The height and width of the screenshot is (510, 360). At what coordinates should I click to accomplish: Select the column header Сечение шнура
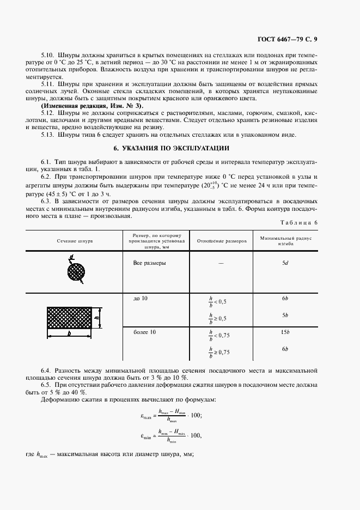tap(74, 240)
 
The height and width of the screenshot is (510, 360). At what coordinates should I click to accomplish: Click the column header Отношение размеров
tap(222, 240)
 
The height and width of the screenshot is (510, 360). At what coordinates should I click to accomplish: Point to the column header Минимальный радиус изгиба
tap(285, 240)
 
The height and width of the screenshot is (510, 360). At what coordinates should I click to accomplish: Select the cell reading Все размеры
tap(150, 263)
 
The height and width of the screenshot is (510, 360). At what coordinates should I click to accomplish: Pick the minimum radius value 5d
tap(285, 263)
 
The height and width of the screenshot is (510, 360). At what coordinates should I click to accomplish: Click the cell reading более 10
tap(144, 332)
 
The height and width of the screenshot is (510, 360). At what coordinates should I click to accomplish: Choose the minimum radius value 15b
tap(285, 332)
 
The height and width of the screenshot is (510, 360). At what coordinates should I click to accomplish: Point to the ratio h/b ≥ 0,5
tap(218, 317)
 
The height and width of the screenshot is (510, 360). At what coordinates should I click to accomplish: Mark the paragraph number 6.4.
tap(48, 371)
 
